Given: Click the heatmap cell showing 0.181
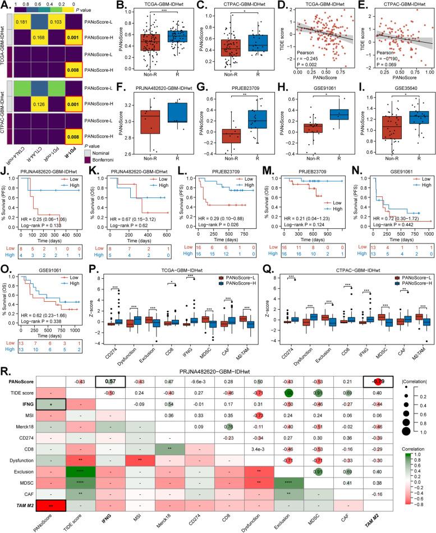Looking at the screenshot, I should coord(22,22).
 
